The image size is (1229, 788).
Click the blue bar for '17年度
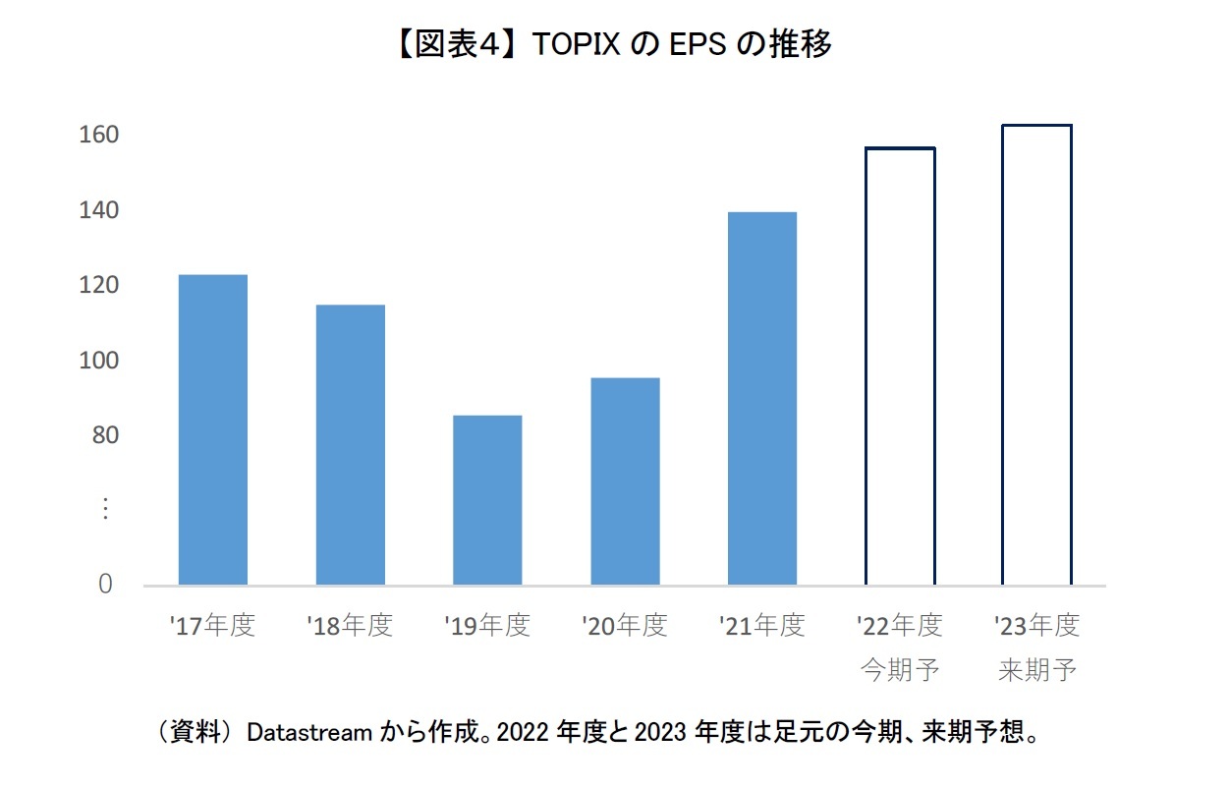212,429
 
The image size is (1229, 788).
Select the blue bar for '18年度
350,444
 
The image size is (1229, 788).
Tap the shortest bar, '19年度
487,500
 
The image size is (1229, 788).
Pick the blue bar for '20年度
625,481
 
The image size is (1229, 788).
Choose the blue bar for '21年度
762,398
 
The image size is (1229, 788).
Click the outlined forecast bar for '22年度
900,366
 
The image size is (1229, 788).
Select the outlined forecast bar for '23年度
1036,355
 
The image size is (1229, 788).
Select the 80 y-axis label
104,435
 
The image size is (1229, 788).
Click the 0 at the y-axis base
105,585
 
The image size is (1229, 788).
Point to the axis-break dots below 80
106,510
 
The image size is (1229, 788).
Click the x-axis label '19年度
487,625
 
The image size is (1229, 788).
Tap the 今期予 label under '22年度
900,671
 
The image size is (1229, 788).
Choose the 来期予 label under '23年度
1037,671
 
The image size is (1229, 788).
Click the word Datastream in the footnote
308,732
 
